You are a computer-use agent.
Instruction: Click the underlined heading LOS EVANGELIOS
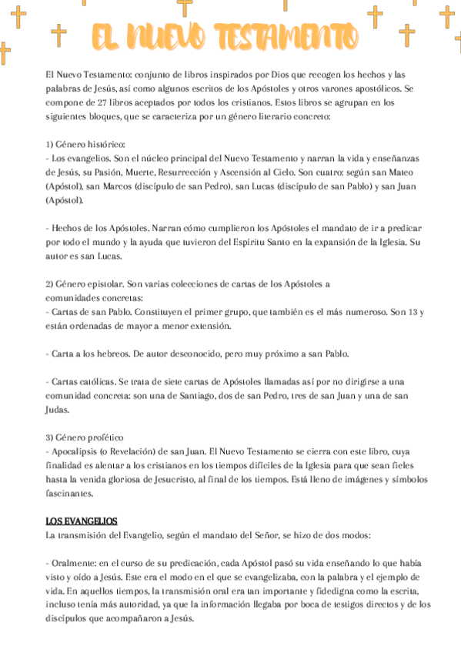[82, 520]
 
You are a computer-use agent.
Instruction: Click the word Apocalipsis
[79, 450]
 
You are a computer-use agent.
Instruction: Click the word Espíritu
[245, 243]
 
